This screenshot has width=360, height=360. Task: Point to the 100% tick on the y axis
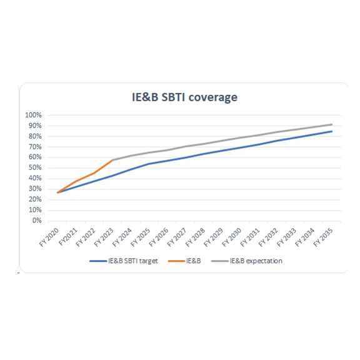pos(32,115)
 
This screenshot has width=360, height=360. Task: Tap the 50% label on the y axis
pos(34,167)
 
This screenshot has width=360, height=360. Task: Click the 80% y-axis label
pos(34,136)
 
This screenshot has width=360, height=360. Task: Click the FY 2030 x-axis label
pos(232,237)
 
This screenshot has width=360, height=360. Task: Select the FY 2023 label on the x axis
pos(105,237)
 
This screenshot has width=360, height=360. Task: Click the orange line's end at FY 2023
pos(112,160)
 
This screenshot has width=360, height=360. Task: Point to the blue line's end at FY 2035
pos(332,131)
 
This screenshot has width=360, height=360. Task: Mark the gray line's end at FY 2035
pos(332,124)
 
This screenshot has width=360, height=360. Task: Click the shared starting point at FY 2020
pos(57,192)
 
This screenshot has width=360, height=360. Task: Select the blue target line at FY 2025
pos(149,164)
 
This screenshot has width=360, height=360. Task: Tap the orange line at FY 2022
pos(94,173)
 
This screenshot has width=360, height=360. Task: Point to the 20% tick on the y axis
pos(34,199)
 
